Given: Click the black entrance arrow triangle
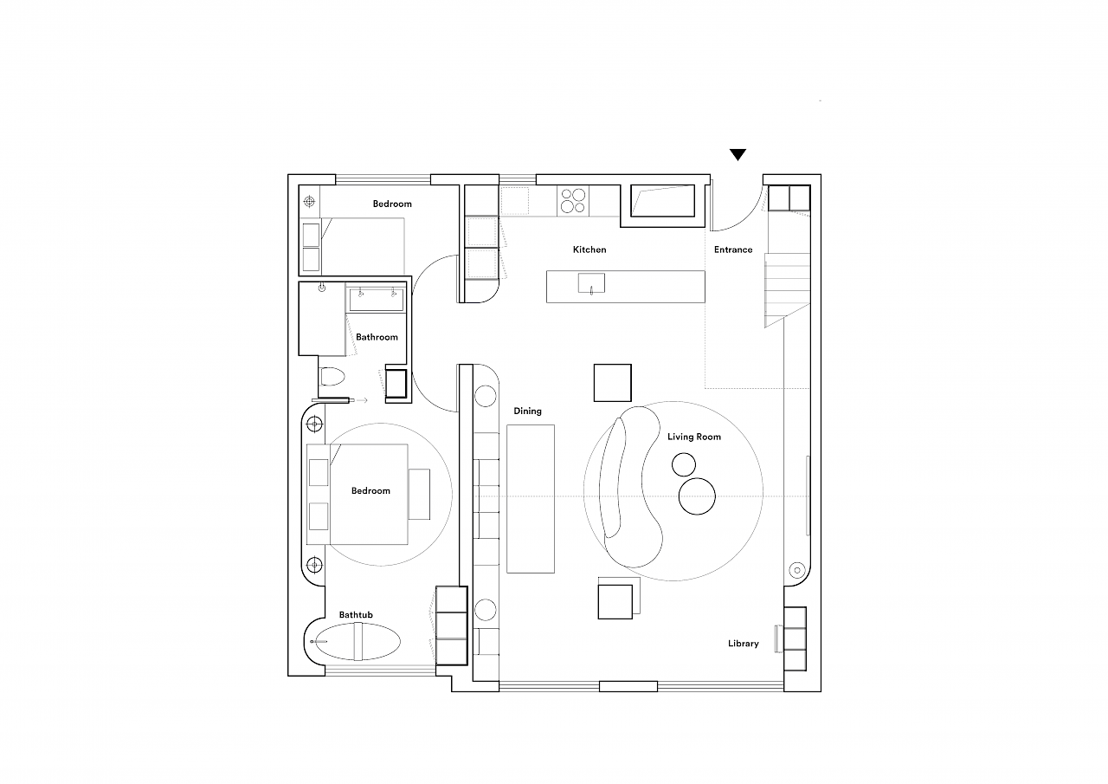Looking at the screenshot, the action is (x=738, y=154).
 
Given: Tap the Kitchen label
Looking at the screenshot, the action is (x=589, y=249).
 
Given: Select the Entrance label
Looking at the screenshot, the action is (x=733, y=249).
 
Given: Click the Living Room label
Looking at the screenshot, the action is (x=694, y=437).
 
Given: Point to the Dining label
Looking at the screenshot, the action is (x=527, y=411).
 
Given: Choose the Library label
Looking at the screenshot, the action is (x=743, y=644).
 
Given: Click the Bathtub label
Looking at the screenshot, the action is (x=356, y=615).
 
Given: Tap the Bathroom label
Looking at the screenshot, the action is (x=377, y=337).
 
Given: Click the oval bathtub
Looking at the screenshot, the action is (x=358, y=641).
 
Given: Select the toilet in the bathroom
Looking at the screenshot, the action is (x=332, y=376).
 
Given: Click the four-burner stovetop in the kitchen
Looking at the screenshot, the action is (x=573, y=200).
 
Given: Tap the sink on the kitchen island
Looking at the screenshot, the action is (x=591, y=283).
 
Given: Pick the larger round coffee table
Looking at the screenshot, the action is (x=697, y=496).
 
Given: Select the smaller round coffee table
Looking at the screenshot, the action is (x=684, y=464).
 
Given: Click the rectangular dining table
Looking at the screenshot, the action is (x=531, y=499).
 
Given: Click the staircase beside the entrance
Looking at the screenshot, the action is (x=788, y=290).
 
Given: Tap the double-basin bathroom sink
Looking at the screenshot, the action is (x=377, y=300).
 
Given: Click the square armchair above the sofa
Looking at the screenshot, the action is (x=612, y=383).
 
